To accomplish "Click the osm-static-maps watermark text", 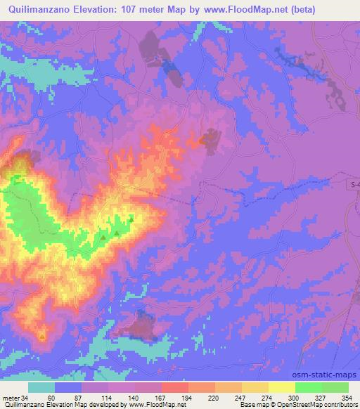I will tap(328, 365).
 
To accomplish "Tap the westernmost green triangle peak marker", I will tap(103, 238).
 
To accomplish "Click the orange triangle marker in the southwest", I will tap(42, 336).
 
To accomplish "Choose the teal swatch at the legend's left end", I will tap(41, 387).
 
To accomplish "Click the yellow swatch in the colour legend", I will tap(282, 387).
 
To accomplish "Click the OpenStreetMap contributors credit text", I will tap(316, 405).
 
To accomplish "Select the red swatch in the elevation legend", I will tap(175, 387).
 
